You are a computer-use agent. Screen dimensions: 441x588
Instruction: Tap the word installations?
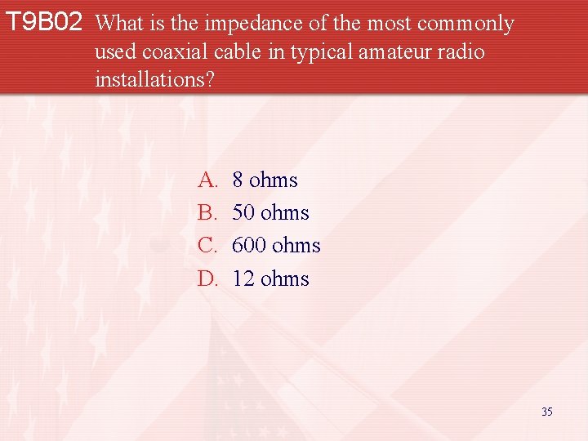click(x=155, y=80)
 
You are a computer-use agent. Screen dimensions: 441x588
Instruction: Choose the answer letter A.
click(x=207, y=180)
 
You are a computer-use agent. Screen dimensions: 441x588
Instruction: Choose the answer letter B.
click(x=207, y=213)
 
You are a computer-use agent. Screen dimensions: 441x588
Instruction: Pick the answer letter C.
click(x=207, y=246)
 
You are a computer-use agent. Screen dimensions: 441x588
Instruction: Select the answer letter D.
click(x=207, y=279)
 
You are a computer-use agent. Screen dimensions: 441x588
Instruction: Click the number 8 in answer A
click(x=238, y=180)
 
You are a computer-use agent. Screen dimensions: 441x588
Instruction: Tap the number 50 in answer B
click(x=243, y=213)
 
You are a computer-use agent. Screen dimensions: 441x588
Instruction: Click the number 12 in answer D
click(x=243, y=279)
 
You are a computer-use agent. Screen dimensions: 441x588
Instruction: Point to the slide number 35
click(x=546, y=412)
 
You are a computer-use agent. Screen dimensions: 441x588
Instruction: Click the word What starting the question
click(x=120, y=24)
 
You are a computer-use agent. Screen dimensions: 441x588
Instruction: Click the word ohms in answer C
click(x=296, y=246)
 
